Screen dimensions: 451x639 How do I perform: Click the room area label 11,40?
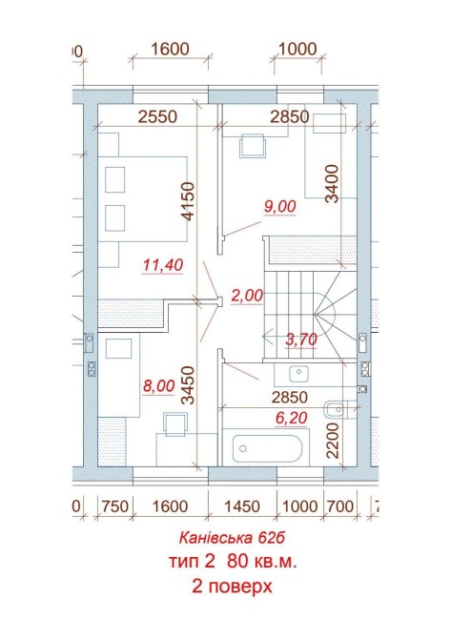click(x=163, y=265)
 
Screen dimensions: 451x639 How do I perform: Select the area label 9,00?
click(x=280, y=206)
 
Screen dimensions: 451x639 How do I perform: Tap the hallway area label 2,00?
click(x=247, y=296)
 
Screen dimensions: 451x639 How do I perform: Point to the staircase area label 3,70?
click(x=301, y=340)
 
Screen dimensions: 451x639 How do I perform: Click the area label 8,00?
click(x=159, y=386)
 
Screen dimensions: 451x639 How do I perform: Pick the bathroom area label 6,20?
click(x=291, y=418)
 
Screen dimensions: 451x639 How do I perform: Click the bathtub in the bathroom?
click(x=267, y=448)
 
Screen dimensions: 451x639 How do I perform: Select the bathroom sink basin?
click(x=298, y=374)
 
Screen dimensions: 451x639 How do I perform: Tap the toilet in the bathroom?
click(x=336, y=409)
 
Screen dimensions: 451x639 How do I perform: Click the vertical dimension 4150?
click(x=188, y=201)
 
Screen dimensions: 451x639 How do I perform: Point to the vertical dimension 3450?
click(x=188, y=385)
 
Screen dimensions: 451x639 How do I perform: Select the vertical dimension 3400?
click(x=333, y=183)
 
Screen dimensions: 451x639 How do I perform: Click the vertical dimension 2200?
click(x=333, y=441)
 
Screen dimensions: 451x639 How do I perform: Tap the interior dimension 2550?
click(x=157, y=117)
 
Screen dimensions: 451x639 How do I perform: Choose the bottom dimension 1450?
click(x=242, y=506)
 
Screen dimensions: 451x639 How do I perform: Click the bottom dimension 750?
click(x=115, y=506)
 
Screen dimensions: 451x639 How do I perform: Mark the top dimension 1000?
click(x=297, y=49)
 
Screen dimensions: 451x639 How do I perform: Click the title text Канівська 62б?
click(x=232, y=538)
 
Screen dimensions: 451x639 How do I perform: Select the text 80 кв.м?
click(x=262, y=562)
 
